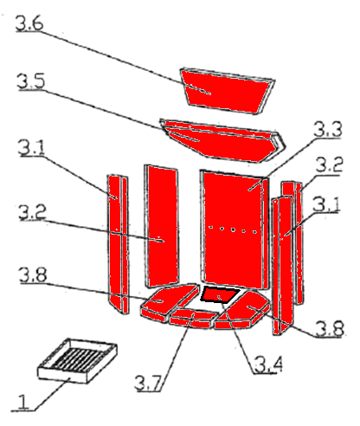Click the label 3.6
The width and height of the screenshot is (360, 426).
click(x=29, y=23)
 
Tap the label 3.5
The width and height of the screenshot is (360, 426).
click(x=31, y=81)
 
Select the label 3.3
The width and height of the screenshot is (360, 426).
click(x=328, y=129)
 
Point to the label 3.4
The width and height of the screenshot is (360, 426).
click(x=268, y=365)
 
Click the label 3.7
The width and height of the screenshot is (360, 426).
click(x=148, y=383)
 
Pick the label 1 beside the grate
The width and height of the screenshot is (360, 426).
click(x=23, y=402)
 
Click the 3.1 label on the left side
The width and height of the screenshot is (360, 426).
click(x=32, y=147)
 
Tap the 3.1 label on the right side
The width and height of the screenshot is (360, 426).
click(x=326, y=204)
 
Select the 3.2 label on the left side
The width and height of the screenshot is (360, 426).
click(x=32, y=212)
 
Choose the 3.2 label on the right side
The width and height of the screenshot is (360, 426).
click(x=329, y=165)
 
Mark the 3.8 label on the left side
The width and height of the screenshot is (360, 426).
click(x=33, y=274)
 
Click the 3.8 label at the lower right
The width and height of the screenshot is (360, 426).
click(x=330, y=328)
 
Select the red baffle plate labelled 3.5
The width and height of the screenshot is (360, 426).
click(x=222, y=140)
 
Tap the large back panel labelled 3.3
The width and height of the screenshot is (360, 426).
click(x=235, y=229)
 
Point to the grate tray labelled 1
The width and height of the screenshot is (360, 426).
click(x=77, y=361)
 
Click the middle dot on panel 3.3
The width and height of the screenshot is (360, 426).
click(x=233, y=229)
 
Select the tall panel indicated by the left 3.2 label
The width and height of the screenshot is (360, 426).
click(x=162, y=226)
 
